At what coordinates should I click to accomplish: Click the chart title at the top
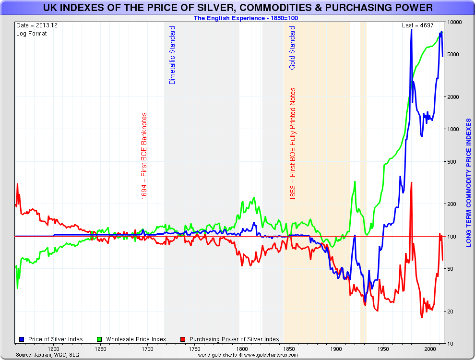(x=237, y=8)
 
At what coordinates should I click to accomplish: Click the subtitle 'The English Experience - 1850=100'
(x=247, y=18)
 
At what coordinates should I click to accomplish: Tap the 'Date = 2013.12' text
(x=37, y=25)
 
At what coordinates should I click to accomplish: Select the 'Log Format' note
(x=32, y=34)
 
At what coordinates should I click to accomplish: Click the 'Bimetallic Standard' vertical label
(x=173, y=55)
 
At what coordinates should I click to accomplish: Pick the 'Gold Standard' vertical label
(x=292, y=48)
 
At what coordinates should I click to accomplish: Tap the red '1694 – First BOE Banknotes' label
(x=144, y=156)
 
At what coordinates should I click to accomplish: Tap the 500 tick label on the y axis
(x=452, y=162)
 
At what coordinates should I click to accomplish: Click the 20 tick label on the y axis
(x=451, y=312)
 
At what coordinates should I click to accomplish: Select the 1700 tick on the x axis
(x=147, y=349)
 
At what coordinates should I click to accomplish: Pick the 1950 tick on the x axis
(x=383, y=349)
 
